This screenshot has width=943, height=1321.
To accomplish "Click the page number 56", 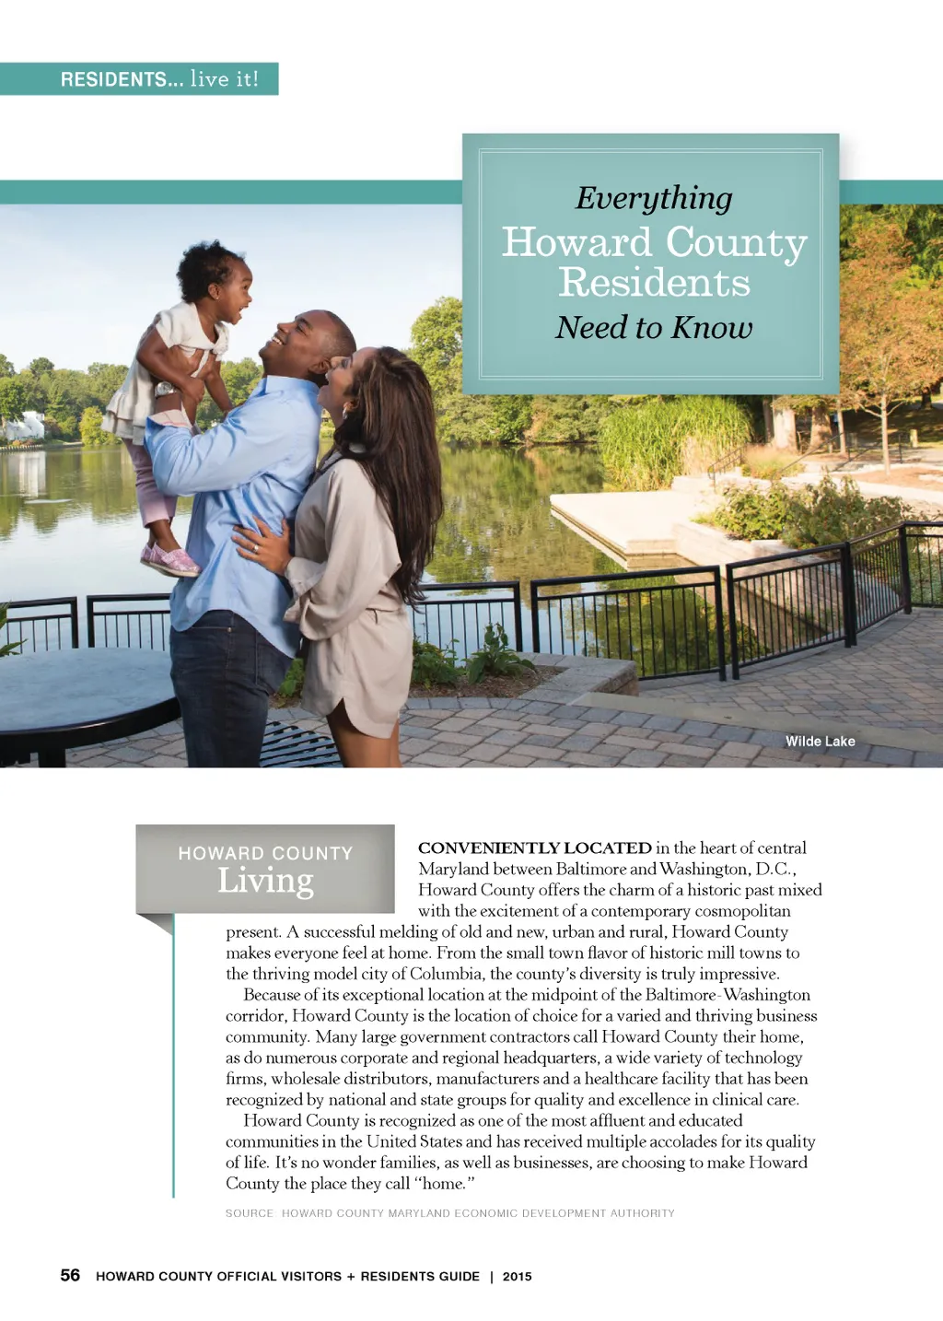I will (x=70, y=1275).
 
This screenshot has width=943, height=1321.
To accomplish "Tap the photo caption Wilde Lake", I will (x=820, y=741).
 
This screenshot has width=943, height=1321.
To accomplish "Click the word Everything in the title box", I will (x=654, y=198).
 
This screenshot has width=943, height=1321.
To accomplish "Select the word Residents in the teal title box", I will (x=654, y=282).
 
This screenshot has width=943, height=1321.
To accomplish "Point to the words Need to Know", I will (x=654, y=327).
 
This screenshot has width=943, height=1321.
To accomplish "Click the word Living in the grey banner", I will (x=265, y=881).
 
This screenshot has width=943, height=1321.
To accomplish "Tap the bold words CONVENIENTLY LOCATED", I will (x=534, y=848).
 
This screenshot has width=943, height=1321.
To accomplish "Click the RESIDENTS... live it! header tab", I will (x=159, y=79).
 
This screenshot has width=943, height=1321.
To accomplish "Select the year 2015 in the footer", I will (x=517, y=1276).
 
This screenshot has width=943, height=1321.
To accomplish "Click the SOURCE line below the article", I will (x=449, y=1213).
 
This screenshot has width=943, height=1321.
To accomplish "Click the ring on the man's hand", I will (x=256, y=549).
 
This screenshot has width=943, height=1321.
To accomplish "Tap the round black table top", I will (x=83, y=686).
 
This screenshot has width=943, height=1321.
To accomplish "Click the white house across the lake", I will (x=23, y=427).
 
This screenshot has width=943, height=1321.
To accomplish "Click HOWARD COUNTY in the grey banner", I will (x=265, y=853).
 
